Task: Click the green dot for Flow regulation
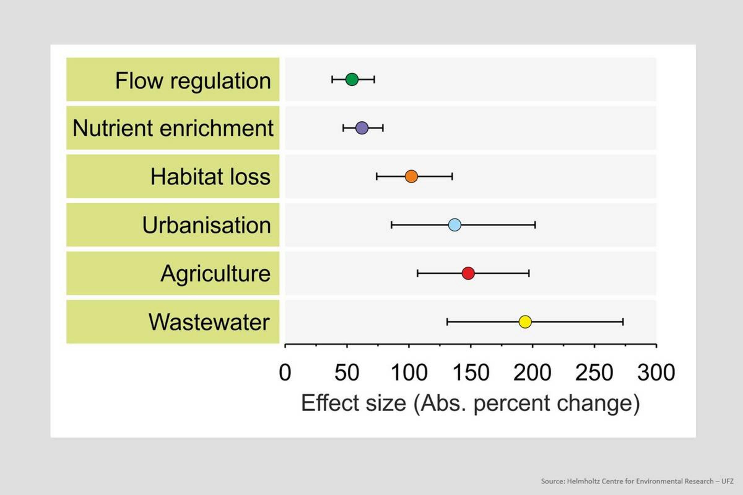[x=352, y=79]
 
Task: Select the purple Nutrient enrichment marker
[x=362, y=128]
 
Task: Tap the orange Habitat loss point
[x=411, y=176]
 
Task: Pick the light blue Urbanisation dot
[x=454, y=225]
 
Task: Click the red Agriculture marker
[x=468, y=273]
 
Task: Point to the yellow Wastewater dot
[x=525, y=322]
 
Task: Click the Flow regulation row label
[x=193, y=81]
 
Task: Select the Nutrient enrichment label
[x=173, y=128]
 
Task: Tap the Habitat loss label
[x=211, y=176]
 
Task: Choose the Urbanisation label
[x=206, y=225]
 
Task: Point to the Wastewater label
[x=209, y=322]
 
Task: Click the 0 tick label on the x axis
[x=285, y=373]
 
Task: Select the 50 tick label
[x=347, y=373]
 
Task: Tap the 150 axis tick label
[x=471, y=373]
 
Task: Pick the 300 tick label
[x=656, y=373]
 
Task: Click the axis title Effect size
[x=354, y=403]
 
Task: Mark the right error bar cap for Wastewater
[x=623, y=322]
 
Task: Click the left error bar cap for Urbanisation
[x=392, y=225]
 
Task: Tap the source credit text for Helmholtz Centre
[x=637, y=481]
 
